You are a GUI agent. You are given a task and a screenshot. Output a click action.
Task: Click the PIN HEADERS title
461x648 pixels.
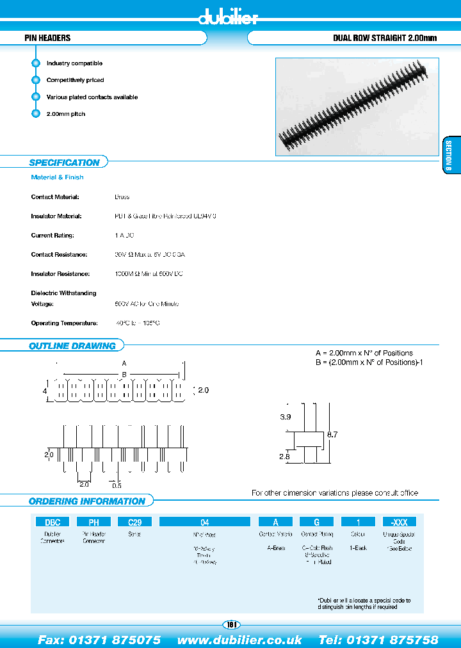pyautogui.click(x=47, y=38)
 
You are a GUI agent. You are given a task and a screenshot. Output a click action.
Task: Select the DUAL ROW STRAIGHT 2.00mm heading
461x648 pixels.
pyautogui.click(x=384, y=38)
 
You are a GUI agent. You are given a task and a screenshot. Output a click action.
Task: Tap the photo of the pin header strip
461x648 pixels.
pyautogui.click(x=357, y=106)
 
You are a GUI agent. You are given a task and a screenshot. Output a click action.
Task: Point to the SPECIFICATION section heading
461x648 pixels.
pyautogui.click(x=64, y=163)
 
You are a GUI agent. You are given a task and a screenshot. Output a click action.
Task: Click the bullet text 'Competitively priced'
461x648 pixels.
pyautogui.click(x=75, y=80)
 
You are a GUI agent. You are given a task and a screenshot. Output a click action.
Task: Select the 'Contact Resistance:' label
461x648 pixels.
pyautogui.click(x=59, y=255)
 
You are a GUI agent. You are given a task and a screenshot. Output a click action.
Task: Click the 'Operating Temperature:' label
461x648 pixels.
pyautogui.click(x=64, y=323)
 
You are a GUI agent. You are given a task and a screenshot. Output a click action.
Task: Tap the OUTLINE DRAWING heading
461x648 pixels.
pyautogui.click(x=72, y=346)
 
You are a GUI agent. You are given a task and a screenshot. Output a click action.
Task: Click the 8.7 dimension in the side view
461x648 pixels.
pyautogui.click(x=332, y=435)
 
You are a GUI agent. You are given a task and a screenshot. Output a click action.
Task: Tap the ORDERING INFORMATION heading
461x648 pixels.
pyautogui.click(x=87, y=501)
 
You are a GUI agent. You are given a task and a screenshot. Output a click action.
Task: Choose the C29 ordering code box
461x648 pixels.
pyautogui.click(x=134, y=522)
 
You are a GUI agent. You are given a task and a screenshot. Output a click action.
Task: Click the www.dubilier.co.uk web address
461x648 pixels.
pyautogui.click(x=239, y=640)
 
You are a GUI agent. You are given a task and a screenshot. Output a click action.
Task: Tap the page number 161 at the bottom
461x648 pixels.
pyautogui.click(x=230, y=624)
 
